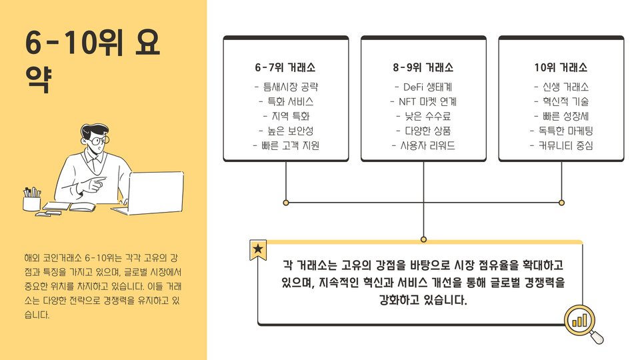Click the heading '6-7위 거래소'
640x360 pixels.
285,68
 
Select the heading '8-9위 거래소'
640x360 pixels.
423,68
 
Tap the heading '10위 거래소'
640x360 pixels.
561,68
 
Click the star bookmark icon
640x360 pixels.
258,250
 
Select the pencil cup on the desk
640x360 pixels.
31,200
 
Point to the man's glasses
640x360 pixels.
97,141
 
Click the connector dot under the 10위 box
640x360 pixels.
561,202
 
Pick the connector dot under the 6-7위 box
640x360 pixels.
286,202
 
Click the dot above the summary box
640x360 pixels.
423,239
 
